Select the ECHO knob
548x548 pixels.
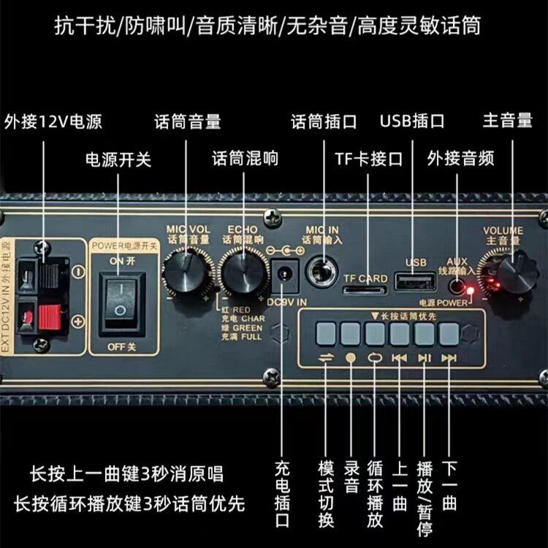tap(244, 273)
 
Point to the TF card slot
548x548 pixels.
tap(362, 290)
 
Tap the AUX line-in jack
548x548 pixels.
tap(458, 286)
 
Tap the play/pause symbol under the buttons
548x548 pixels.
tap(425, 357)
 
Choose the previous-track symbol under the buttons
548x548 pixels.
tap(399, 357)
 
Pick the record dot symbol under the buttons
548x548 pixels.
tap(350, 357)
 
